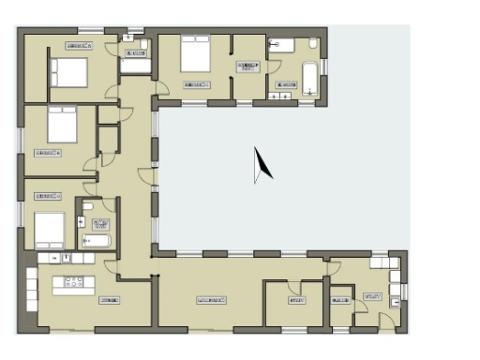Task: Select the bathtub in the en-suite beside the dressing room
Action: (x=309, y=76)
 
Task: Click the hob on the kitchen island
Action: (x=72, y=281)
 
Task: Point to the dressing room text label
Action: (x=248, y=67)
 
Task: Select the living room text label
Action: (x=213, y=300)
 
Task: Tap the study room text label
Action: (x=297, y=300)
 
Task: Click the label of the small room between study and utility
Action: (x=338, y=301)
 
